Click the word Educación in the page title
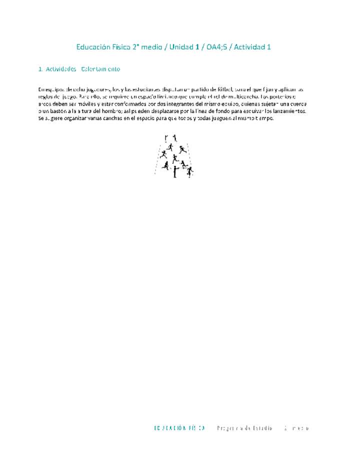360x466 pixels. coord(92,47)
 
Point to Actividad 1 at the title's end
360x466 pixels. coord(253,47)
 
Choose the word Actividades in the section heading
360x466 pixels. coord(61,69)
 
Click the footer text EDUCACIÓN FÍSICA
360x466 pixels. coord(179,428)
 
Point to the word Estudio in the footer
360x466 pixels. coord(261,428)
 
